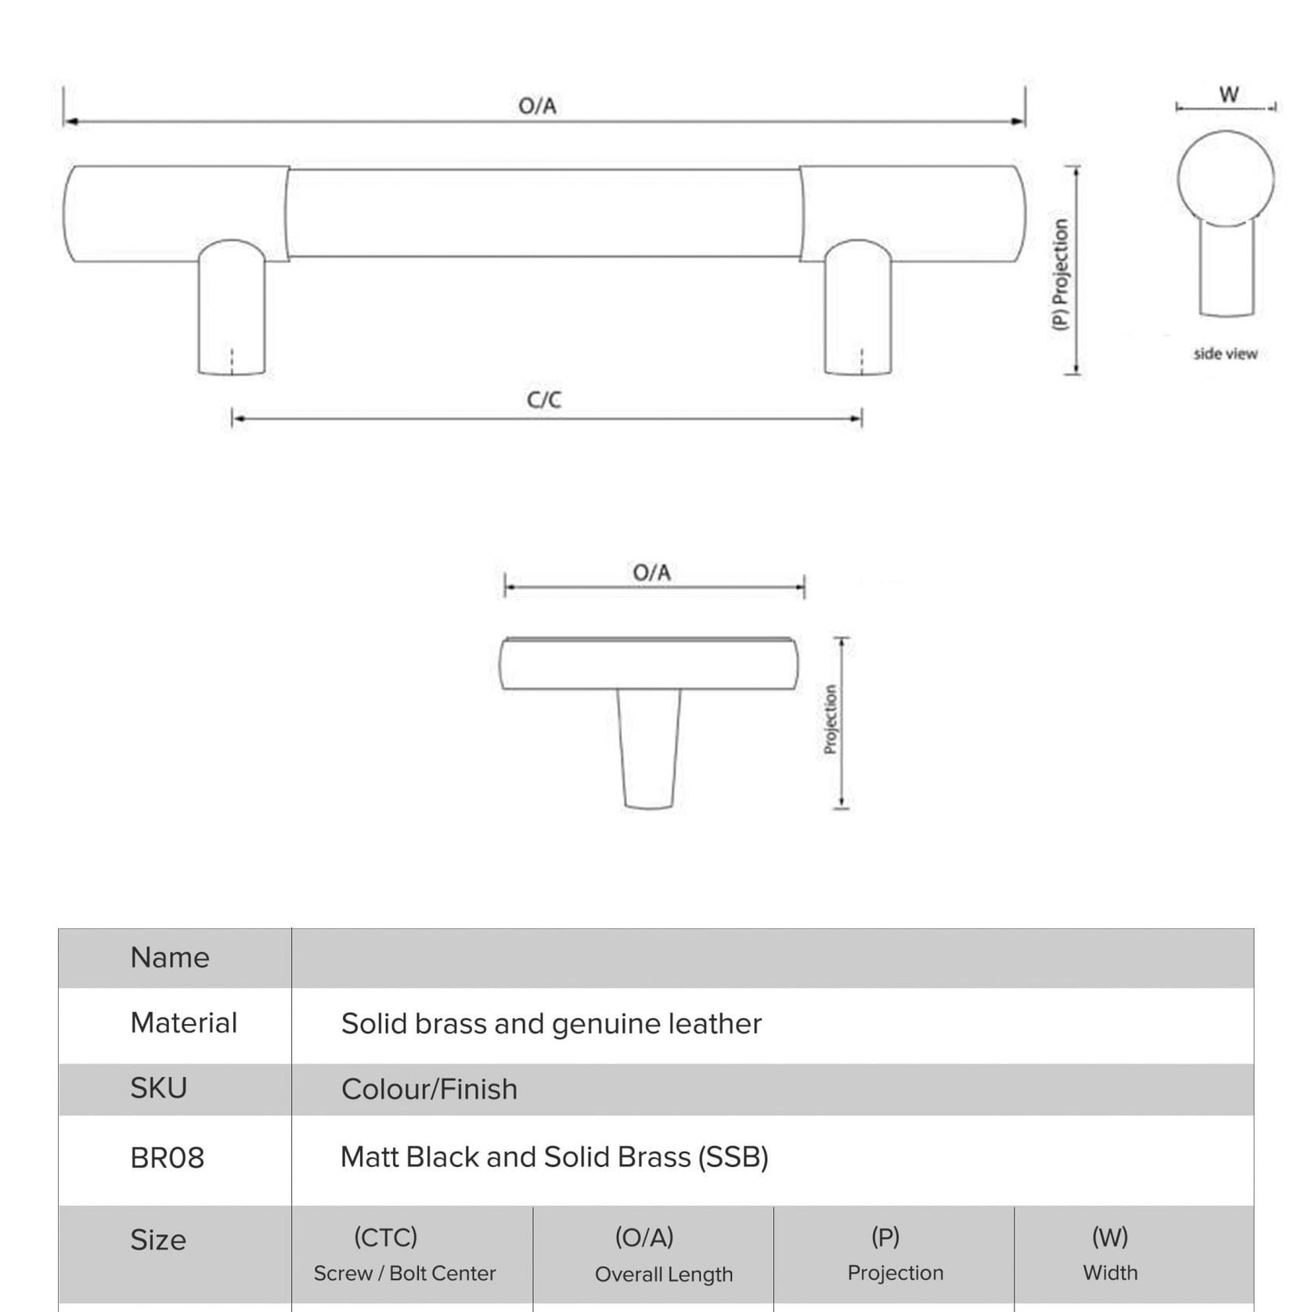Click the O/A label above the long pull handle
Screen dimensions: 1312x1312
(x=537, y=106)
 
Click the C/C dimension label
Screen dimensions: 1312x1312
(x=543, y=400)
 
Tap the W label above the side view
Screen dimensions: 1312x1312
(x=1228, y=95)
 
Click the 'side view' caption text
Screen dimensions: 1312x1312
(x=1225, y=354)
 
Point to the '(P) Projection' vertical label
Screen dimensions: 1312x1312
(x=1060, y=274)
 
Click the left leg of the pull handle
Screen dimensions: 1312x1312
(x=232, y=313)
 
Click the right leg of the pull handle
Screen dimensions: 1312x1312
(x=858, y=313)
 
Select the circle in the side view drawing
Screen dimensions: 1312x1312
(x=1225, y=178)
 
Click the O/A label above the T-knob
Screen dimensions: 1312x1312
(x=651, y=573)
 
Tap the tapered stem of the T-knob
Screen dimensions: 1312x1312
(x=649, y=748)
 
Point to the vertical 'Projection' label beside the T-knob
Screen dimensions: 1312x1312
(x=831, y=720)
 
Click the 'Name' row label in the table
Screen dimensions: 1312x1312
(x=170, y=958)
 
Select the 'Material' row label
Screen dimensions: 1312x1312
(x=183, y=1023)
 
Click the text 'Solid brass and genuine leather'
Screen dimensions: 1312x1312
(x=551, y=1024)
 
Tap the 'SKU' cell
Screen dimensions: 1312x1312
(x=159, y=1089)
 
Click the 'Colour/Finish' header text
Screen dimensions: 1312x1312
(x=429, y=1090)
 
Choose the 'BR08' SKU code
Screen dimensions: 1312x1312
(x=167, y=1159)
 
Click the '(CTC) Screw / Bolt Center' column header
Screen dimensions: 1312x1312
(x=404, y=1254)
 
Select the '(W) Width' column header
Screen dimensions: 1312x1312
(x=1110, y=1254)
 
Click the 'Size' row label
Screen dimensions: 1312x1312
(x=158, y=1241)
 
